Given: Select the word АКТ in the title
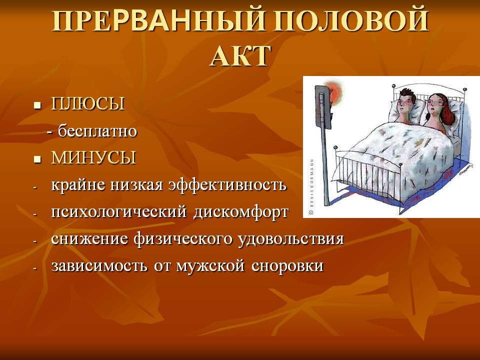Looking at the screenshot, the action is coord(240,56).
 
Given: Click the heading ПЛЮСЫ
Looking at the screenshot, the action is coord(88,103).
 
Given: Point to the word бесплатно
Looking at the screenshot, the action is coord(97,131).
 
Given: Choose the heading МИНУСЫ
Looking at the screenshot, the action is coord(93,157).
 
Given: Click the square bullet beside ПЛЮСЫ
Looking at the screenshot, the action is coord(37,106).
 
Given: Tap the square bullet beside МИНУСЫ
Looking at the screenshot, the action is coord(37,160).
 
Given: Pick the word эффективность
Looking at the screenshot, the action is coord(228,185).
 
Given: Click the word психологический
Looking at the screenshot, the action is coord(119,212).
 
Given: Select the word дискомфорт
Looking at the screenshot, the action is coord(240,212).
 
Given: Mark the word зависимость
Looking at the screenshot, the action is coord(99,265).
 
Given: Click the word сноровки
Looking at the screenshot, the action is coord(287,265).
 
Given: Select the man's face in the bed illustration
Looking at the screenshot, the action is coord(406,103).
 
